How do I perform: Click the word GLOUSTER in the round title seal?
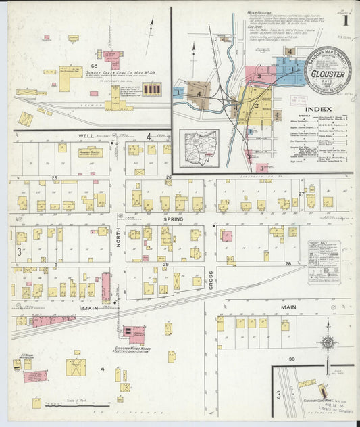[x=329, y=74]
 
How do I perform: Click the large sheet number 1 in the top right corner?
[x=345, y=20]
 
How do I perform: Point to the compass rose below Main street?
[x=328, y=343]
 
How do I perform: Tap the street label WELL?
[x=86, y=136]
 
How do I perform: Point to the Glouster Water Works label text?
[x=134, y=351]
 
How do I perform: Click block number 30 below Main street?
[x=291, y=359]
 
